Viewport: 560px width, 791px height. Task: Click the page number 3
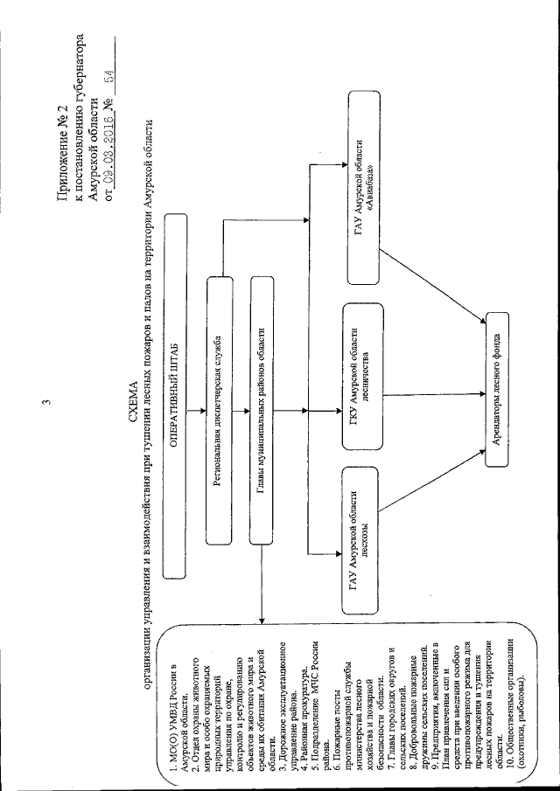(52, 403)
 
